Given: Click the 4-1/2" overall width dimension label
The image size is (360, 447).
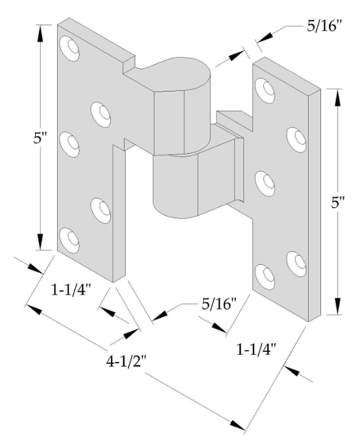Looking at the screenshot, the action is coord(126,362).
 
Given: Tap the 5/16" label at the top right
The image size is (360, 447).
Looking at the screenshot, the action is coord(324,26).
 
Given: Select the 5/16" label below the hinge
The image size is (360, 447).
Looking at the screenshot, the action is coord(219,304).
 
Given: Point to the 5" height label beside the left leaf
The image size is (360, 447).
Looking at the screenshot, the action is coord(40,139).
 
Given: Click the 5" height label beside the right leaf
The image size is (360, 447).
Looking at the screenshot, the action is coord(338,203).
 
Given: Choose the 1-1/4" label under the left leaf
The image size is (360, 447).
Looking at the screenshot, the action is coord(71,291).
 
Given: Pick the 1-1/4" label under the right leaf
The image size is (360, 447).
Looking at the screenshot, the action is coord(256,349).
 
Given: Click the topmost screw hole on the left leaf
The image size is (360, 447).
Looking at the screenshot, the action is coord(69,49).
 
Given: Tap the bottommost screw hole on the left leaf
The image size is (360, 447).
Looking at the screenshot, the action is coord(69,240).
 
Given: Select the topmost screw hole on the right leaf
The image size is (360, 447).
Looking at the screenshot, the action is coord(265,90).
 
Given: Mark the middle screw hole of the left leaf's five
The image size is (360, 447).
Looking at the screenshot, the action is coord(69,145).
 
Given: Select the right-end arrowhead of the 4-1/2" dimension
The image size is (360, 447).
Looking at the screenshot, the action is coord(237,425).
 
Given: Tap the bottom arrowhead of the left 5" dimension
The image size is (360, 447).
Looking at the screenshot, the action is coord(40,242).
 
